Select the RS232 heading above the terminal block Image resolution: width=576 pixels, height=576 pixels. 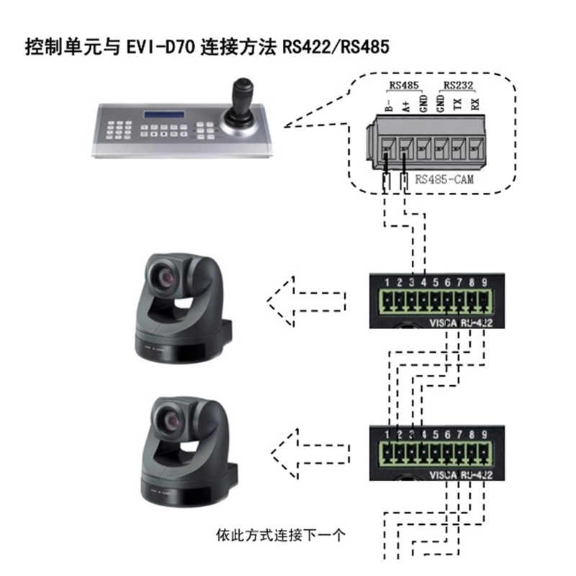tap(458, 86)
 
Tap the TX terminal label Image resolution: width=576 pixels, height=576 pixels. tap(458, 105)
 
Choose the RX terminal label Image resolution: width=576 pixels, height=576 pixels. tap(474, 105)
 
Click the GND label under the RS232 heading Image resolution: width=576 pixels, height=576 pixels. tap(441, 105)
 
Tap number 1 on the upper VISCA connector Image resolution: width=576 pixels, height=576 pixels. tap(387, 282)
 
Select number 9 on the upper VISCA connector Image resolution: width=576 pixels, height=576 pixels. tap(485, 282)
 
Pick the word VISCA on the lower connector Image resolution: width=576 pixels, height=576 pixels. tap(441, 476)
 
